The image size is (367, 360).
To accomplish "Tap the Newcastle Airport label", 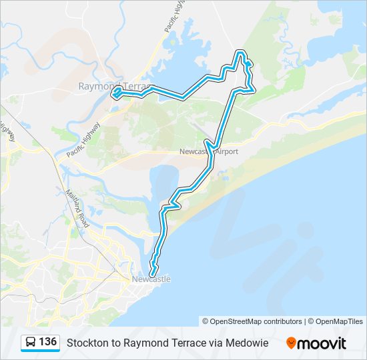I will click(x=209, y=152).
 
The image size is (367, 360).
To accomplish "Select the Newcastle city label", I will click(x=151, y=279).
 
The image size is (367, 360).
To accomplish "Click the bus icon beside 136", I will click(x=31, y=343).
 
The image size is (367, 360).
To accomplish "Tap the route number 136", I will click(x=47, y=342).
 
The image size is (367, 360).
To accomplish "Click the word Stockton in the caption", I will click(x=85, y=343).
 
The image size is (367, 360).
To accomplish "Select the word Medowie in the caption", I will click(x=249, y=343).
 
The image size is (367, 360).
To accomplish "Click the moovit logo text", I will click(x=322, y=343).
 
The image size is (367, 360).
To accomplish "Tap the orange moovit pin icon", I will click(x=291, y=343).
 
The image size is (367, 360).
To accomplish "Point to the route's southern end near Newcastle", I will click(x=153, y=273).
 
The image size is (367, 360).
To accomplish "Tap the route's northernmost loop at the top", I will click(x=240, y=53).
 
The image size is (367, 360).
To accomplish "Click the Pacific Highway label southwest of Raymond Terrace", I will click(x=84, y=139).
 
